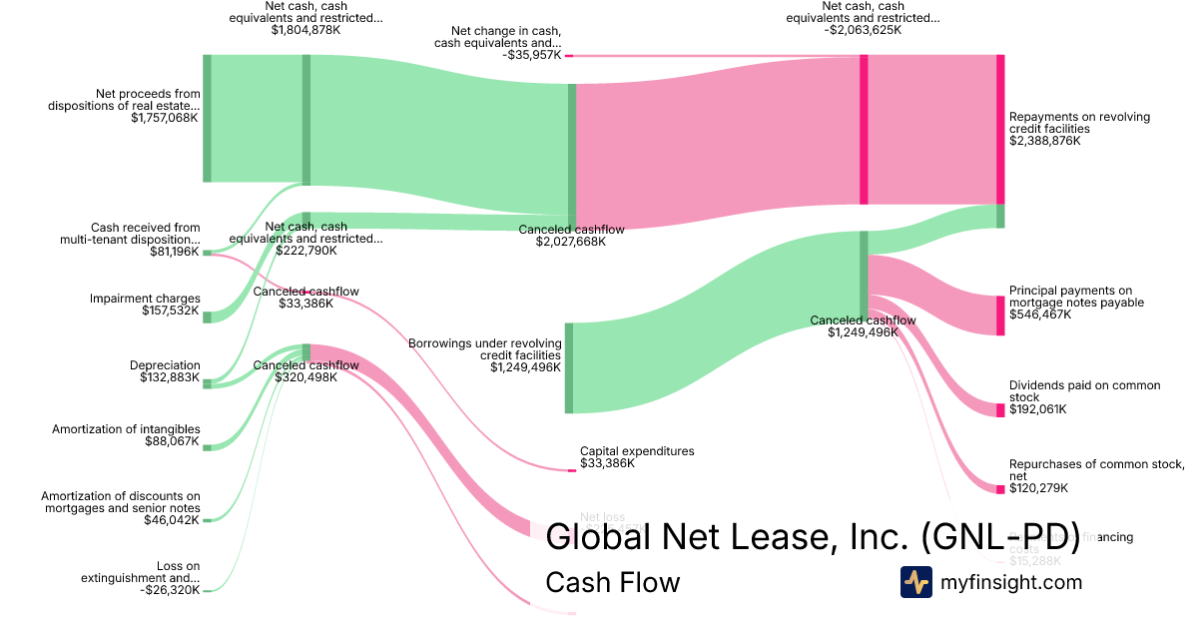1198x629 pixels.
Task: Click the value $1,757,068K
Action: pos(164,118)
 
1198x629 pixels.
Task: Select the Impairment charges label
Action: pos(145,299)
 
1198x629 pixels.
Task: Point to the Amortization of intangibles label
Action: pos(126,429)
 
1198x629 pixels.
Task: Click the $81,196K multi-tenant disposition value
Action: pos(174,252)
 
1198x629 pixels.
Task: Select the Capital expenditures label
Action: pos(637,451)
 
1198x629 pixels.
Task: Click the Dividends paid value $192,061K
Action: pos(1037,409)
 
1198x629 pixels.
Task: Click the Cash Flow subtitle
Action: pos(612,583)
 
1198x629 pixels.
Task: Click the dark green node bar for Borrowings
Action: pos(569,367)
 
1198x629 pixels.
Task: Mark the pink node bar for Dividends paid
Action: pos(1000,409)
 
